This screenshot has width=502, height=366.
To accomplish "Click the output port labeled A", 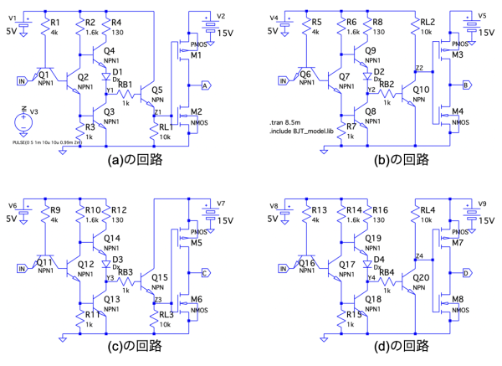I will click(205, 85).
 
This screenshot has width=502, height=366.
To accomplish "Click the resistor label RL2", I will click(428, 23).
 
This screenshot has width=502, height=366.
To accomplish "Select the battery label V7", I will click(222, 204).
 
